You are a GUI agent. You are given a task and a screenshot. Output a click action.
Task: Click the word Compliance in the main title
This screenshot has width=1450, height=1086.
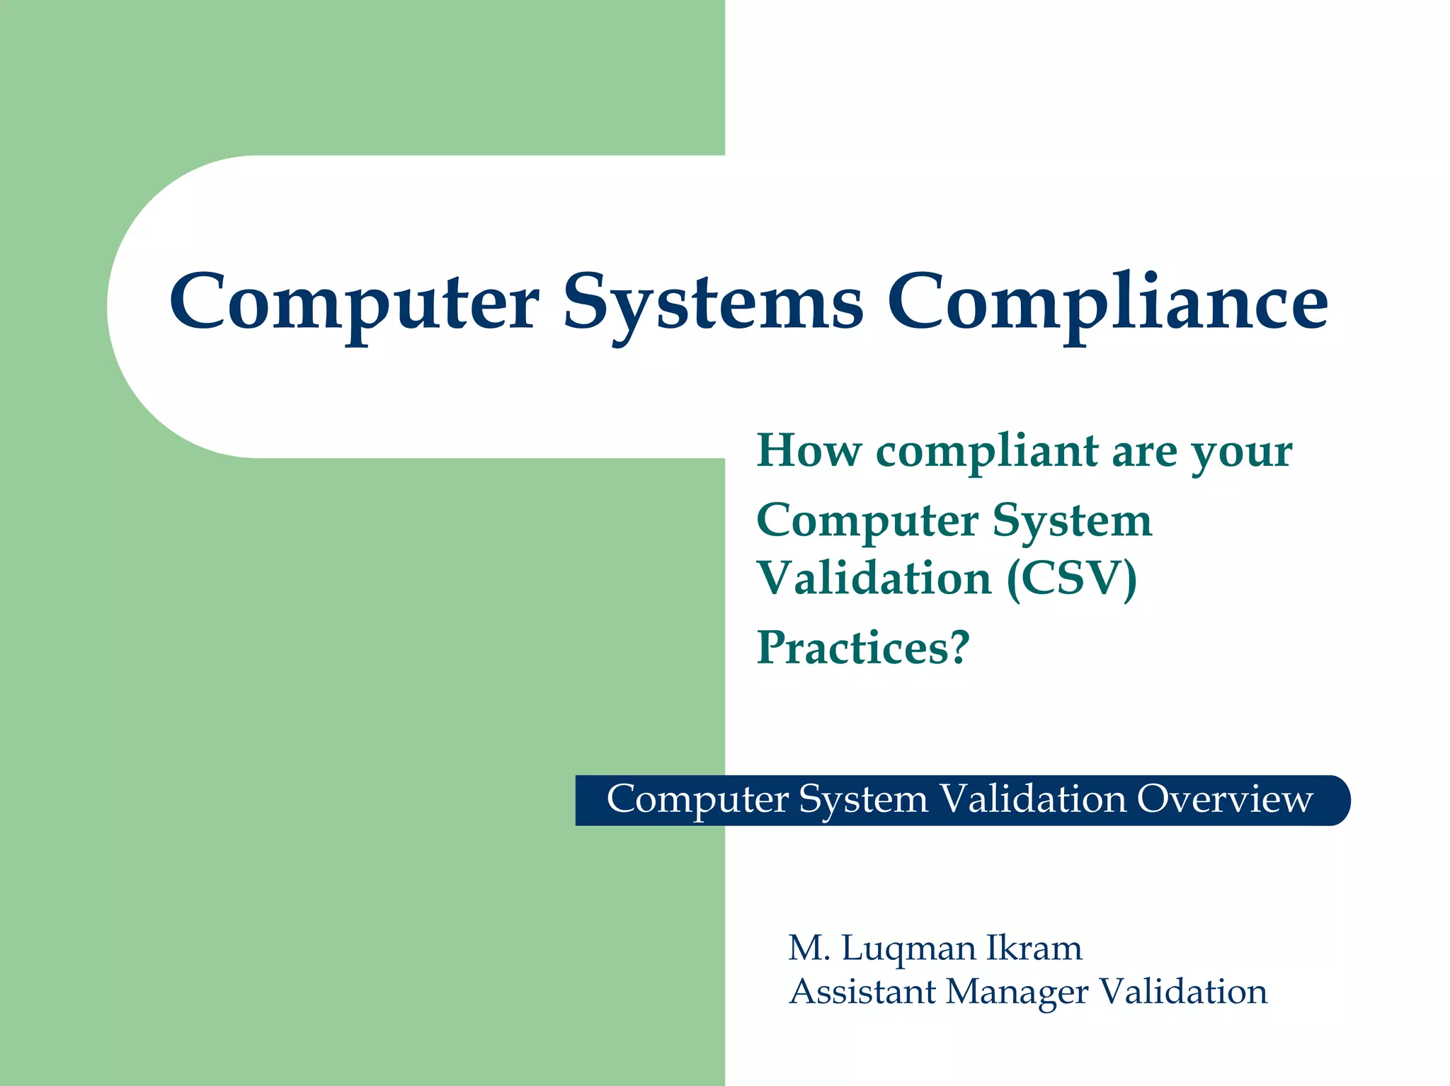(x=1108, y=303)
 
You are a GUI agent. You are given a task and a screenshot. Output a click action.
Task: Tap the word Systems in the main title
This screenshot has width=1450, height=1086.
(x=713, y=303)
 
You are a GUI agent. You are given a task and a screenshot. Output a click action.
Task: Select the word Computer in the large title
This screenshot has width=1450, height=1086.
(x=354, y=303)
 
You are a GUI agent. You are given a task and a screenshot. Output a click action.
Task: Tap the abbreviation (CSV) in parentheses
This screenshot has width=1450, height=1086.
(x=1072, y=578)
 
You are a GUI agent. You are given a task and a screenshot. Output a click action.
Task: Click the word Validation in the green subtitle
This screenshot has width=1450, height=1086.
(x=874, y=578)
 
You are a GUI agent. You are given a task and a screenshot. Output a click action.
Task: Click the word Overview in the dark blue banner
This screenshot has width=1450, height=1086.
(x=1225, y=799)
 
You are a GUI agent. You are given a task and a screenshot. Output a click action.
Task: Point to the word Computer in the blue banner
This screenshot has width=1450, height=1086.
(x=697, y=799)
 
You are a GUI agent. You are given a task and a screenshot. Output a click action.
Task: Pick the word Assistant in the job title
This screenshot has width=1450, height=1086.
(x=862, y=991)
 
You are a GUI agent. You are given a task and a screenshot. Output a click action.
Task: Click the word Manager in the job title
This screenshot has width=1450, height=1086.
(x=1017, y=993)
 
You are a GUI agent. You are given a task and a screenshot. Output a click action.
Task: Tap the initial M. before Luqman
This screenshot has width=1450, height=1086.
(x=809, y=949)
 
